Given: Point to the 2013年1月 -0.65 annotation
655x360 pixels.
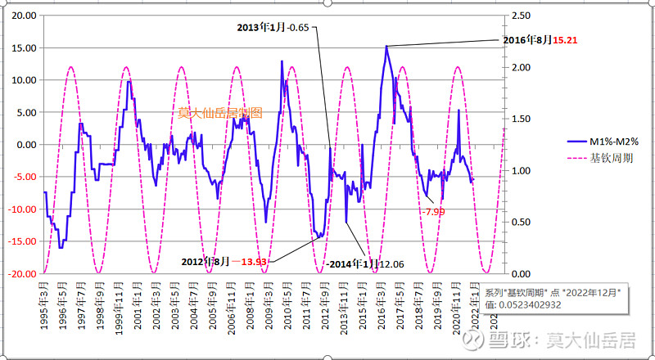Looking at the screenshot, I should tap(273, 27).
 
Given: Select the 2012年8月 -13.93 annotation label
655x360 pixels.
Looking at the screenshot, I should tap(226, 261).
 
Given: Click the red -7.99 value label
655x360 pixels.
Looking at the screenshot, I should tap(434, 212).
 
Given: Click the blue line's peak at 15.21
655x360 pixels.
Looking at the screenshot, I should tap(386, 47).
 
